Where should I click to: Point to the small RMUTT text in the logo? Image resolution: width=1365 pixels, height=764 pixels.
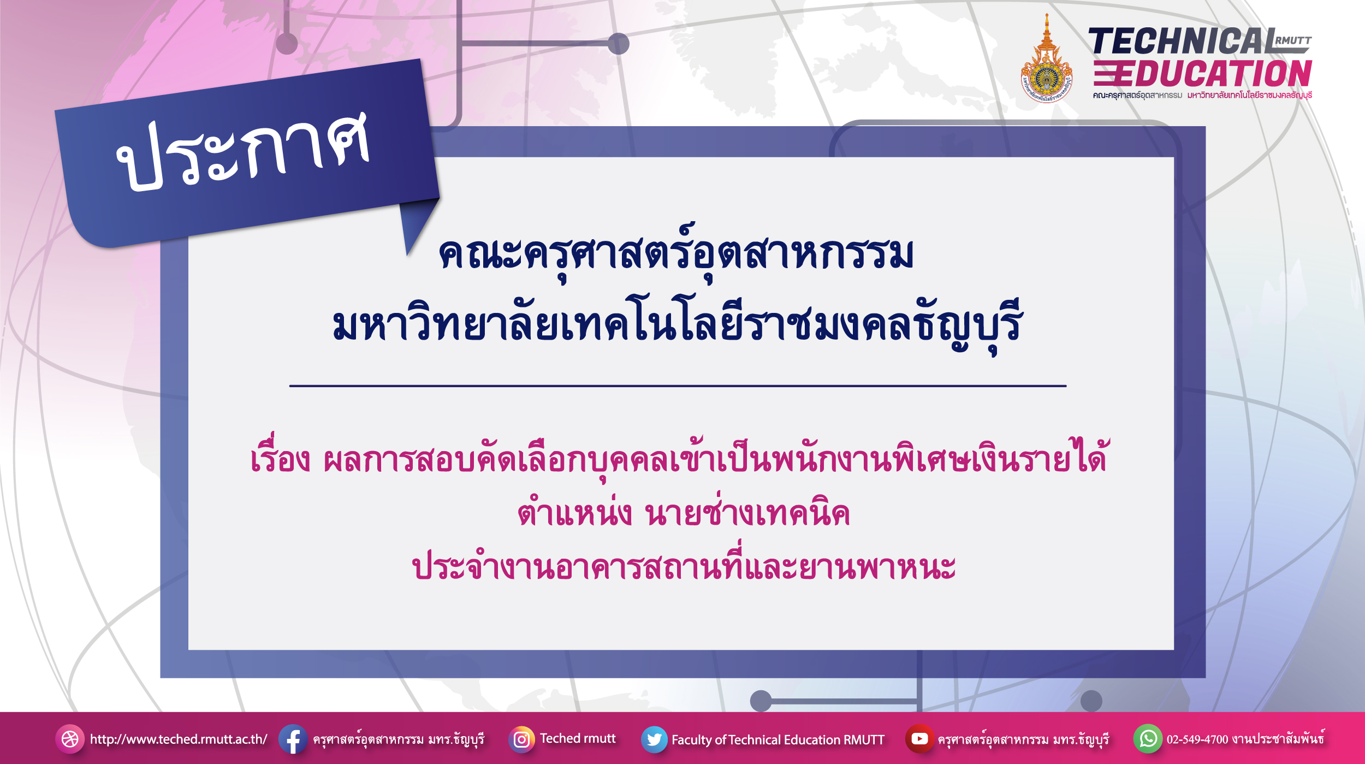pos(1293,40)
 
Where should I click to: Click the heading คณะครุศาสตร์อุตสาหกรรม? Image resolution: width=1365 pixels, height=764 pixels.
pos(676,253)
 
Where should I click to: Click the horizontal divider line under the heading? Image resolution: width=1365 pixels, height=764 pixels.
pos(678,386)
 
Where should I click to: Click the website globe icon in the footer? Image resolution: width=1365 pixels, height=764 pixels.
pos(70,739)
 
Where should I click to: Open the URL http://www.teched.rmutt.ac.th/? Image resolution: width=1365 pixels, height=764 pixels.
pos(179,739)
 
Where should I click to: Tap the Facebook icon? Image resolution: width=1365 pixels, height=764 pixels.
pos(293,739)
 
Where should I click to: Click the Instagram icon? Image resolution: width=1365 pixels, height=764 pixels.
pos(521,739)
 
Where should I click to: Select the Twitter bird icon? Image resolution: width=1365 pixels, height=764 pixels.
pos(654,739)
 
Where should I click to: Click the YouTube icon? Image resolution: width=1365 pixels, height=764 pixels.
pos(919,739)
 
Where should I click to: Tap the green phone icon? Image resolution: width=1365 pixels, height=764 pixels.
pos(1148,739)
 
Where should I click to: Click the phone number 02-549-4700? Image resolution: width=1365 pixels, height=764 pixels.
pos(1197,739)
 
